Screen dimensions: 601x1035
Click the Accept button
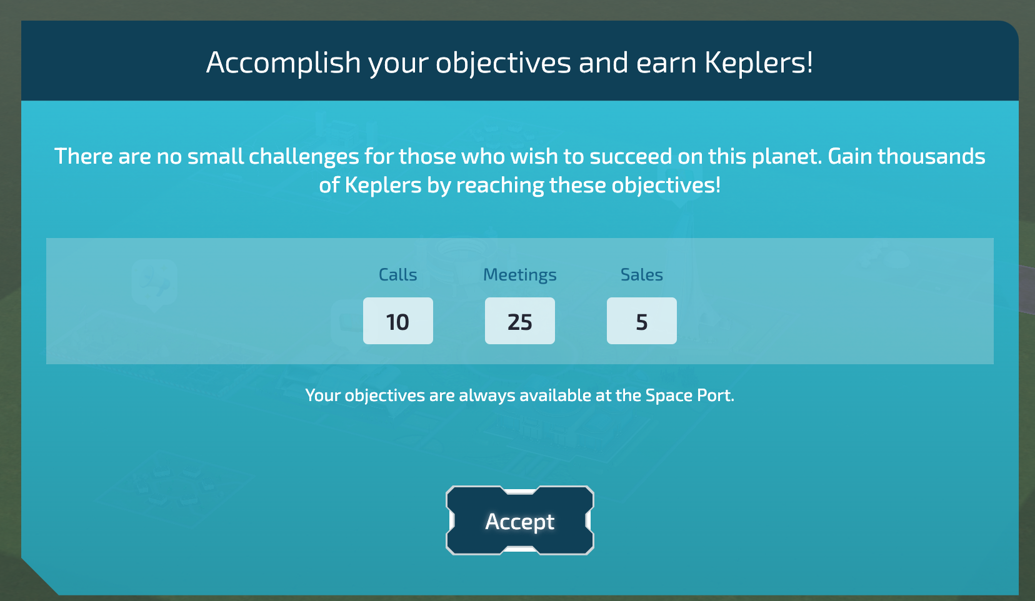[519, 520]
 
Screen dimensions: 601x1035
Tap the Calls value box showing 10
[397, 321]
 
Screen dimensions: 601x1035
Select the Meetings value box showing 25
[519, 321]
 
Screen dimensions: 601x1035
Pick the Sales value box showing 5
[641, 321]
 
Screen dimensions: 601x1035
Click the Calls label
[397, 275]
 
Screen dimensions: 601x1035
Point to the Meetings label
[519, 275]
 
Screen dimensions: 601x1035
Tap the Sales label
[641, 275]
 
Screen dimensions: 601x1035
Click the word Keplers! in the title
[759, 62]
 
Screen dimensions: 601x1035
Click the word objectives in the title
[503, 62]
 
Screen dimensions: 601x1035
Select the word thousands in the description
[931, 156]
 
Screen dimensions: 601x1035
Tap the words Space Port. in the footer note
[689, 395]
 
